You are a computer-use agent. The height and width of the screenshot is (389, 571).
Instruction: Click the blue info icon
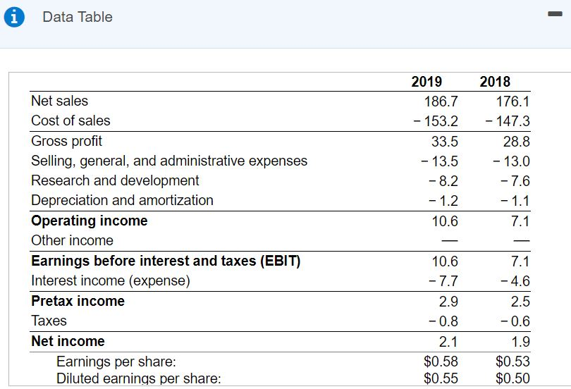coord(13,18)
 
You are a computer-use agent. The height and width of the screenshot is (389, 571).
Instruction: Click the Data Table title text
coord(77,18)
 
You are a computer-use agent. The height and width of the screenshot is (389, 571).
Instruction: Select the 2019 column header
coord(426,82)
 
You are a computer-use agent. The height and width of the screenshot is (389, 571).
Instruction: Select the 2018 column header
coord(495,82)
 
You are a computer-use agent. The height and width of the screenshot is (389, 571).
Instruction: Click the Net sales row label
coord(60,101)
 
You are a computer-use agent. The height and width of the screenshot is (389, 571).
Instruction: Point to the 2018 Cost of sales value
coord(508,121)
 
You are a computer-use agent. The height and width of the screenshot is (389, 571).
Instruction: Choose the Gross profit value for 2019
coord(444,141)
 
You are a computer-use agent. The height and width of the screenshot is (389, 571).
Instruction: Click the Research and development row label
coord(115,180)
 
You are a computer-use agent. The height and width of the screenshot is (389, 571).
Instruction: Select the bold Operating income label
coord(90,221)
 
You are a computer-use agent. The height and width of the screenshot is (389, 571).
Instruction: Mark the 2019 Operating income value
coord(444,221)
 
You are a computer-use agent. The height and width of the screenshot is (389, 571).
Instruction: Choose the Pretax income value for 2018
coord(520,302)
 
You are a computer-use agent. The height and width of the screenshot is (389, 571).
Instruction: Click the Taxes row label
coord(49,321)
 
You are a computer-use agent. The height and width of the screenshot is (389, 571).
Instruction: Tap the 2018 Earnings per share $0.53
coord(512,362)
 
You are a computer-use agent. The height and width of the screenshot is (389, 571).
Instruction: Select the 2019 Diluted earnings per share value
coord(441,378)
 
